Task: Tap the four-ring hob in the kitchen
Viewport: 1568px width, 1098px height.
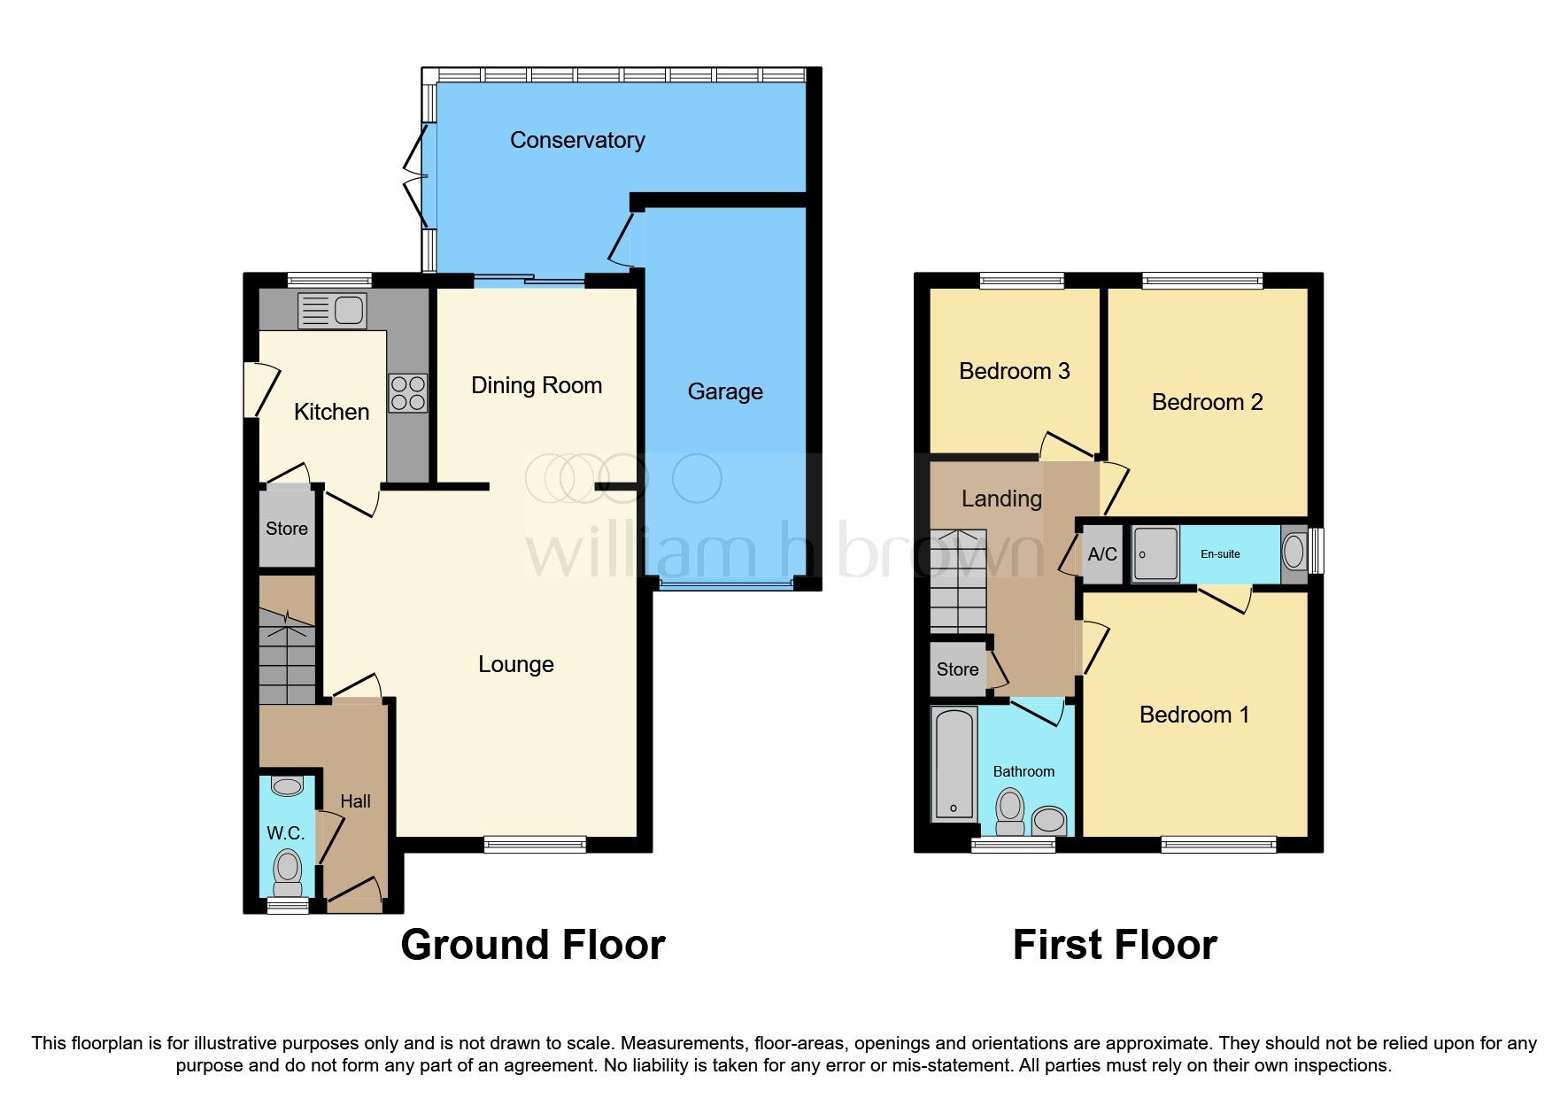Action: point(408,393)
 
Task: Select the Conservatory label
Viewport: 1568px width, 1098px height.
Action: point(577,140)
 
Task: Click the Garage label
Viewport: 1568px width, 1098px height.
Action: point(725,391)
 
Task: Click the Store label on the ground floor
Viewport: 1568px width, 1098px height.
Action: point(287,529)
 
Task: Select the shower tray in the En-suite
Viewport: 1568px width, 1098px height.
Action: point(1155,554)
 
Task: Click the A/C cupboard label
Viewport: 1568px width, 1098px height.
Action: point(1102,554)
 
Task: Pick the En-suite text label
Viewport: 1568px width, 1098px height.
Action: point(1220,554)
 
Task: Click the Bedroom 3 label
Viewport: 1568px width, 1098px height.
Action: point(1015,371)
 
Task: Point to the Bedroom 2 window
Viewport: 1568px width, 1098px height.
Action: point(1202,282)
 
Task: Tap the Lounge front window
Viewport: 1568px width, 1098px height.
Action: point(535,844)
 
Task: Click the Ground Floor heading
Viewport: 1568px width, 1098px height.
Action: point(533,945)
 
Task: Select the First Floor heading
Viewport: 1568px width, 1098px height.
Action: point(1115,945)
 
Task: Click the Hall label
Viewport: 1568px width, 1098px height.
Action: point(355,801)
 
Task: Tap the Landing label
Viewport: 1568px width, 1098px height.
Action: point(1001,499)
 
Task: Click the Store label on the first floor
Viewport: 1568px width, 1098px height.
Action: point(957,669)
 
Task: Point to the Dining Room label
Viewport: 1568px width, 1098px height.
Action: point(537,385)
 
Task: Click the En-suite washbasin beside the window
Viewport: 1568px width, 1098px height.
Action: point(1294,554)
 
